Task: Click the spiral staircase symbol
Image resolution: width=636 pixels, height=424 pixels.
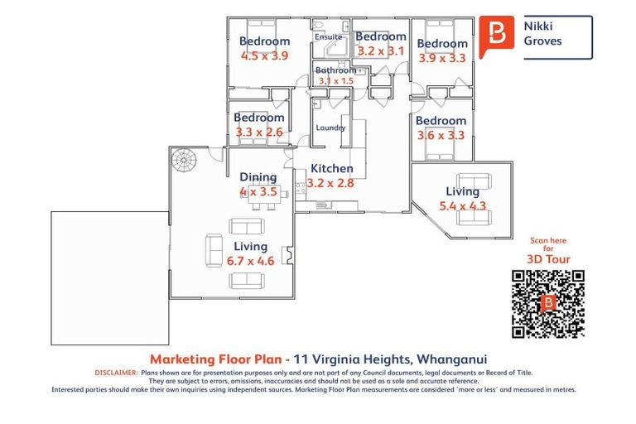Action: click(x=184, y=160)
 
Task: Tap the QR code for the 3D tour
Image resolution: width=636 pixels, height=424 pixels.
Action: click(x=548, y=303)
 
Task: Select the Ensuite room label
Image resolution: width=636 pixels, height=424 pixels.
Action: click(x=329, y=37)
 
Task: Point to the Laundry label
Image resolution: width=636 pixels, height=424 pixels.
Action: click(x=330, y=128)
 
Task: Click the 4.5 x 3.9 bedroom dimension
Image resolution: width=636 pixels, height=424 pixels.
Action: click(x=264, y=55)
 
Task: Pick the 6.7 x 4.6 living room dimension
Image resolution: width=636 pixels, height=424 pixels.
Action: click(x=250, y=261)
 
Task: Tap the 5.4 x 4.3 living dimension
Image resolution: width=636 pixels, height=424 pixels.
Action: click(x=462, y=205)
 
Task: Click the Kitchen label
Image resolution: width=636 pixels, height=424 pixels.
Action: click(x=332, y=168)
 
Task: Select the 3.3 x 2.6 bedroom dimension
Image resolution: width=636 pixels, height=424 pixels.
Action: click(x=259, y=132)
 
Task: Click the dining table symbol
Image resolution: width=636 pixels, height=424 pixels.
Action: click(x=264, y=194)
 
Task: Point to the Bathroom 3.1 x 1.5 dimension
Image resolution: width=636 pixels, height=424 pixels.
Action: click(x=336, y=81)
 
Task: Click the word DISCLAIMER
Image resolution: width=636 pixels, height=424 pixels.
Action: click(x=116, y=373)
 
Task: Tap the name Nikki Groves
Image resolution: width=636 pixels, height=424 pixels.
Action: click(x=542, y=33)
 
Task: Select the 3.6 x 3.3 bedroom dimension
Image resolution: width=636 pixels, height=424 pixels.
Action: click(x=441, y=135)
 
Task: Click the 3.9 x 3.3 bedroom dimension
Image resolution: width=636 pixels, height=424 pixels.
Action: click(x=442, y=58)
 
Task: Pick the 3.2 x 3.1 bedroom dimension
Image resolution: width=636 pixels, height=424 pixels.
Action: click(x=381, y=51)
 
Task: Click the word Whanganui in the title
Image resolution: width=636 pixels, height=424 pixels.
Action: click(x=452, y=359)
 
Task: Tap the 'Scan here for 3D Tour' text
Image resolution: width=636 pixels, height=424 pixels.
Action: click(x=548, y=250)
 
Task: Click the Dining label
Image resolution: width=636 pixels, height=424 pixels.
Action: click(x=258, y=177)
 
